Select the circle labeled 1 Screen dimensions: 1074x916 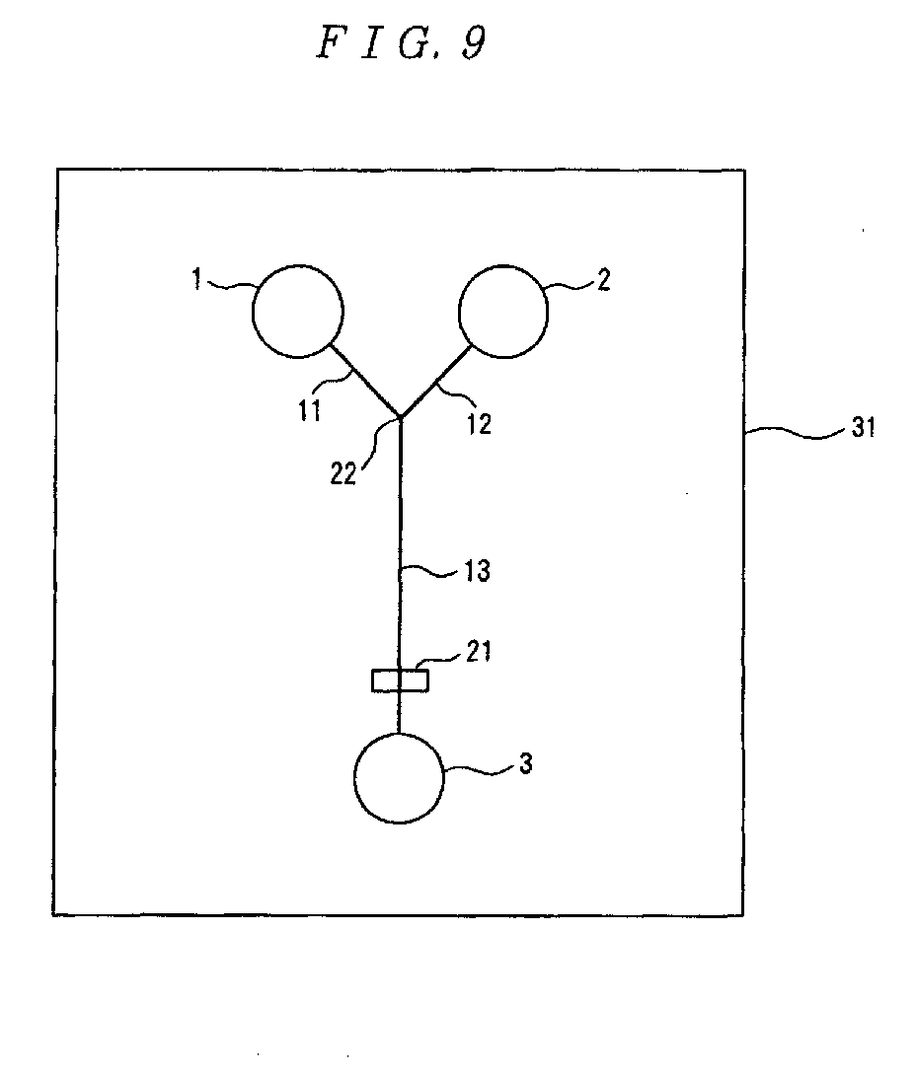click(298, 311)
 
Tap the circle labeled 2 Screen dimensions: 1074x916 click(503, 311)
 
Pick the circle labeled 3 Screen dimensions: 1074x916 click(399, 778)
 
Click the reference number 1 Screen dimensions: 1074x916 click(196, 281)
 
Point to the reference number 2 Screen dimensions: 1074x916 click(604, 280)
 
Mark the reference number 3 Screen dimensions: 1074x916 click(526, 764)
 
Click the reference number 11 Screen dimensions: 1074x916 click(310, 409)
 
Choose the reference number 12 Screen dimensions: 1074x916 click(478, 424)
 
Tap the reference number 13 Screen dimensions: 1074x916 click(477, 571)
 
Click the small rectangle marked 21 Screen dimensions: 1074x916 click(400, 680)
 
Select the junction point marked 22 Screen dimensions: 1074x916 click(400, 417)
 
